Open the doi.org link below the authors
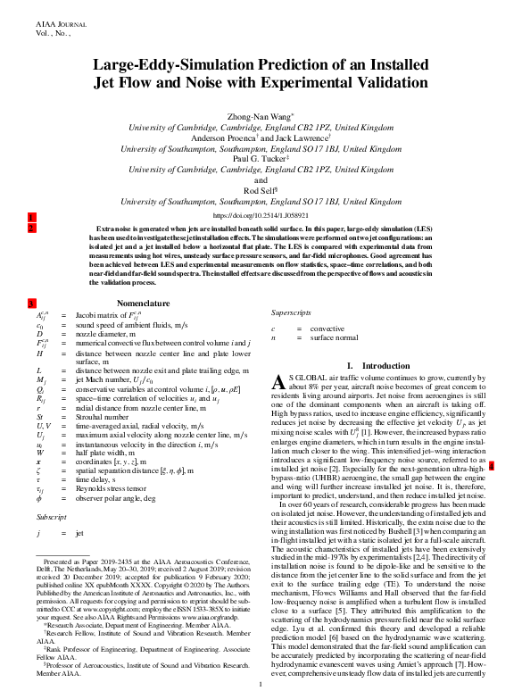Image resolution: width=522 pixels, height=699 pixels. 261,215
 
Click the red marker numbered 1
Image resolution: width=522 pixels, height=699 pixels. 31,218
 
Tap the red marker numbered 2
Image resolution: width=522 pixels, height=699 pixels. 31,229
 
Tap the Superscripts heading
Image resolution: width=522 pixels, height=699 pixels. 292,313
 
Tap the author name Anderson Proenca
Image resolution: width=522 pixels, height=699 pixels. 222,138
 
